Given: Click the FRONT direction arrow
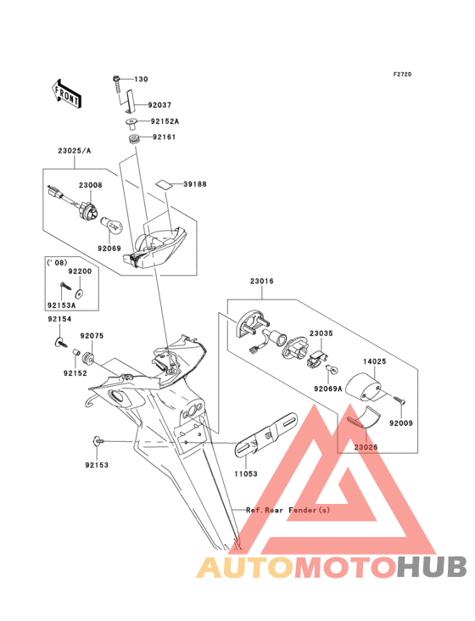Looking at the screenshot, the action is (x=66, y=93).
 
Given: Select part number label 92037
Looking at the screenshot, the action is (x=159, y=105).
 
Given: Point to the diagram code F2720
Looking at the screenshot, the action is (x=402, y=74).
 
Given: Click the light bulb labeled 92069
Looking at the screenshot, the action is (x=113, y=227).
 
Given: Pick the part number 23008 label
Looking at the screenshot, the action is (x=90, y=185).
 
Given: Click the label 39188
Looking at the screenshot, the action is (x=195, y=184).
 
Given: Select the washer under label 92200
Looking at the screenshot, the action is (x=80, y=294).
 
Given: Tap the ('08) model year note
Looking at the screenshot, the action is (x=57, y=263).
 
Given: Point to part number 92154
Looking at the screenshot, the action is (x=59, y=319).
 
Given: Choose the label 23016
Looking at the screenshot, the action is (x=261, y=281).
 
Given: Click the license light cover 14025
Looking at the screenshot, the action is (x=363, y=388).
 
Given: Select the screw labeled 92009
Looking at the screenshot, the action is (x=399, y=400).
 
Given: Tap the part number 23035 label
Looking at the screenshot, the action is (x=321, y=333).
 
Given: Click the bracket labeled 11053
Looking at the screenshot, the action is (x=266, y=435).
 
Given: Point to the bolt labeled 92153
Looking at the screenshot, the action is (x=98, y=441).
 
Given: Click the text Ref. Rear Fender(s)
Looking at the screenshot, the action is (x=288, y=510).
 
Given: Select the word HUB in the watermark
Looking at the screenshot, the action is (x=433, y=567).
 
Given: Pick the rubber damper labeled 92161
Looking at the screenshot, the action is (x=135, y=140).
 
